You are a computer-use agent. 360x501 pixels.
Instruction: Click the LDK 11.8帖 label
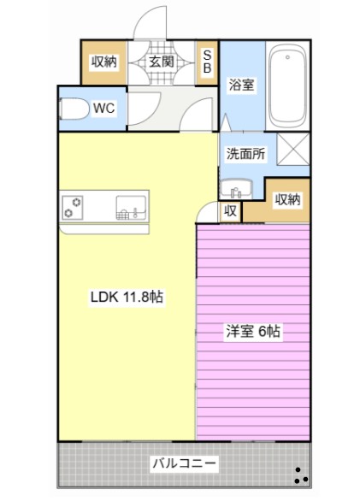[x=127, y=297]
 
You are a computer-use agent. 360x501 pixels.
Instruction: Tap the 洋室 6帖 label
[x=253, y=331]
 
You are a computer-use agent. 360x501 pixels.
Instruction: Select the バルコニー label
[x=184, y=463]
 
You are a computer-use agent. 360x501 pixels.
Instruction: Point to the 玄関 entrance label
[x=162, y=62]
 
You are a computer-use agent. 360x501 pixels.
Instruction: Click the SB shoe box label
[x=207, y=62]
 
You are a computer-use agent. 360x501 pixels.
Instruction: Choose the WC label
[x=104, y=109]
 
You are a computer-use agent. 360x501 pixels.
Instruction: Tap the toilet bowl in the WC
[x=74, y=109]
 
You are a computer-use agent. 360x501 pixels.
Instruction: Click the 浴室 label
[x=241, y=85]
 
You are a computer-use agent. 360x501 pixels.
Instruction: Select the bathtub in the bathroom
[x=287, y=86]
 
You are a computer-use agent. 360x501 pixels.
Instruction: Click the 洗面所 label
[x=246, y=154]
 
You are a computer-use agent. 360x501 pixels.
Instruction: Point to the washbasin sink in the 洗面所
[x=236, y=188]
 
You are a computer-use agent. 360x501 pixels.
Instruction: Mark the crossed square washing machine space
[x=292, y=149]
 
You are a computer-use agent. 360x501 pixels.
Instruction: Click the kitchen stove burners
[x=73, y=208]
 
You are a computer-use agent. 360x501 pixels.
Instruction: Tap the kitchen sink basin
[x=131, y=208]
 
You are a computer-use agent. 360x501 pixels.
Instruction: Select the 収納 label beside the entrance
[x=104, y=62]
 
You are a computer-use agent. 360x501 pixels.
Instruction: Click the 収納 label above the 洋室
[x=288, y=200]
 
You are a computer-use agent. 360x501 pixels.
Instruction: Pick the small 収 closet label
[x=230, y=211]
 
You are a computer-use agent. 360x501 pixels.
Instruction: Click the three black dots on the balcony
[x=301, y=475]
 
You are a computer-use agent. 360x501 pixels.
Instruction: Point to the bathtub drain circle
[x=287, y=57]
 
